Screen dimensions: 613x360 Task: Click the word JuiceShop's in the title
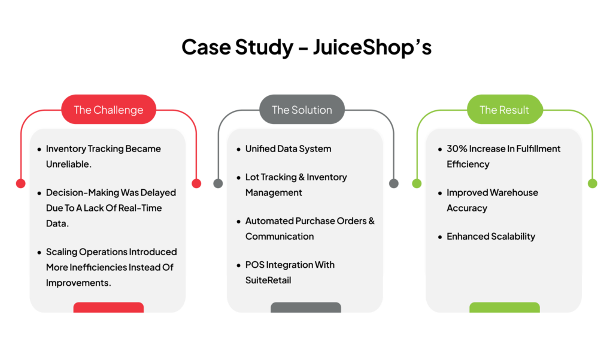pyautogui.click(x=372, y=47)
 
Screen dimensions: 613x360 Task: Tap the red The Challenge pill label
pyautogui.click(x=109, y=110)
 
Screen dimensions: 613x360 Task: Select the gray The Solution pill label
pyautogui.click(x=302, y=110)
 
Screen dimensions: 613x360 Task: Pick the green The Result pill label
pyautogui.click(x=504, y=110)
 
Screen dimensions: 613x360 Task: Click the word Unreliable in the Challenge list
pyautogui.click(x=68, y=164)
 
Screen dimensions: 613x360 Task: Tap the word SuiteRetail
pyautogui.click(x=268, y=280)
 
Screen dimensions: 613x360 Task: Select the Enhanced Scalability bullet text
pyautogui.click(x=491, y=237)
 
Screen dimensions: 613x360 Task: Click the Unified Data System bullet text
pyautogui.click(x=288, y=149)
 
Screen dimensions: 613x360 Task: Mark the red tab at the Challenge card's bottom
pyautogui.click(x=109, y=307)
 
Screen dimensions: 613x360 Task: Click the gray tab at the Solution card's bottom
pyautogui.click(x=306, y=307)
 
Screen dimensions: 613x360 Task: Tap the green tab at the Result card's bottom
pyautogui.click(x=505, y=307)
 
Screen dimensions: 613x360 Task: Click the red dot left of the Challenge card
pyautogui.click(x=21, y=183)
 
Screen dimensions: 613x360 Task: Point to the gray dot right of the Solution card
pyautogui.click(x=394, y=183)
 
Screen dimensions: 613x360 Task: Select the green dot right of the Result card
pyautogui.click(x=593, y=183)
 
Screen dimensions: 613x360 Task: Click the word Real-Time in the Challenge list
pyautogui.click(x=140, y=208)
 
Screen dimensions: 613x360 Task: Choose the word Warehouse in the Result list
pyautogui.click(x=514, y=192)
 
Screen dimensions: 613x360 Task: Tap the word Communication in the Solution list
pyautogui.click(x=280, y=237)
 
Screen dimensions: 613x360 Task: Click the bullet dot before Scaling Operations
pyautogui.click(x=39, y=252)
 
